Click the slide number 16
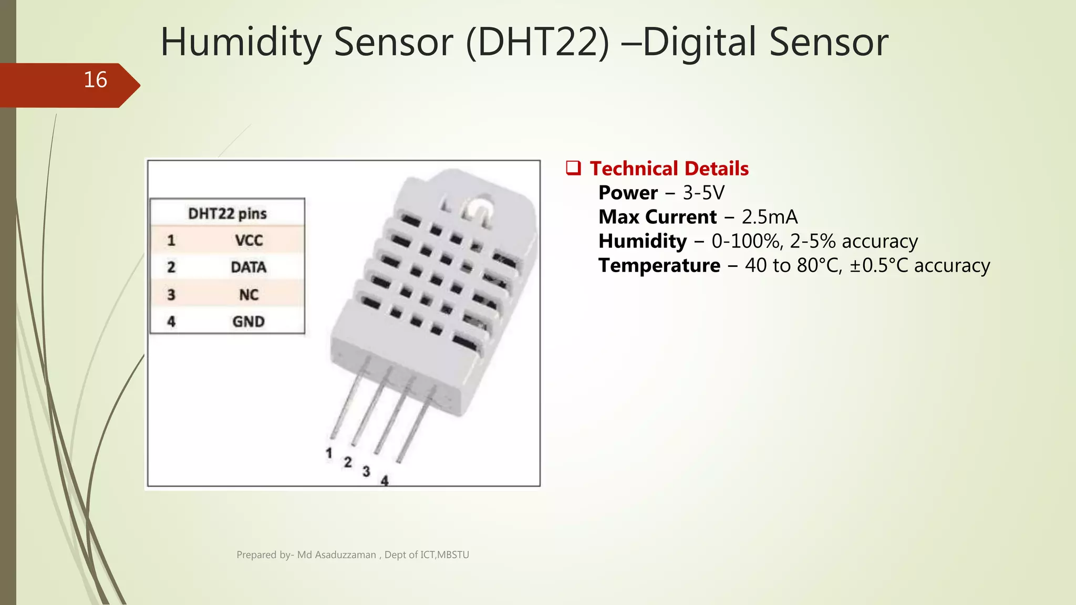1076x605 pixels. pos(95,80)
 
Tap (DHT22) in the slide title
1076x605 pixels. pos(537,42)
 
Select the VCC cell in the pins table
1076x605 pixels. pos(249,241)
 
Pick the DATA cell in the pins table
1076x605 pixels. pos(249,267)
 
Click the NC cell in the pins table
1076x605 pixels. pos(249,295)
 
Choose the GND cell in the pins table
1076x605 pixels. pos(249,321)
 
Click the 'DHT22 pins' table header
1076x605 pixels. pos(227,213)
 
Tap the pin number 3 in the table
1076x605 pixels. pos(171,295)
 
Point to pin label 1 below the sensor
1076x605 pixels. pos(329,453)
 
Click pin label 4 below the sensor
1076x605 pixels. pos(385,480)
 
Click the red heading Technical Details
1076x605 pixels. pos(669,169)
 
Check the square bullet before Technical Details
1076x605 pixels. pos(573,168)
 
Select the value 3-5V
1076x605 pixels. pos(703,193)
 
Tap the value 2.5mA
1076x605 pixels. pos(769,217)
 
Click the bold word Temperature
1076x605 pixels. pos(659,265)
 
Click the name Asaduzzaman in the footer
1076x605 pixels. pos(345,555)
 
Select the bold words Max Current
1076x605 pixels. pos(657,217)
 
